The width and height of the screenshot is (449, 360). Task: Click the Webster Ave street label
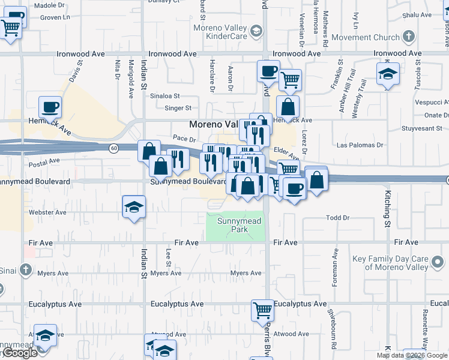click(x=47, y=212)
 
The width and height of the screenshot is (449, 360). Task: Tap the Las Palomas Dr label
click(x=360, y=145)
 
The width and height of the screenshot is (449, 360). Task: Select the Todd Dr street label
click(x=337, y=218)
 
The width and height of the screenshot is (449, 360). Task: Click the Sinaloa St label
click(x=165, y=95)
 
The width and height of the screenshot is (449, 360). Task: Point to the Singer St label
click(x=179, y=109)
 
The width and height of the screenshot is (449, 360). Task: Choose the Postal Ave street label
click(x=44, y=161)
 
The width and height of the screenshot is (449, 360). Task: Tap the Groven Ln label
click(x=55, y=18)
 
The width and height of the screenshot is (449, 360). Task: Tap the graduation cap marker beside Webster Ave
click(x=134, y=207)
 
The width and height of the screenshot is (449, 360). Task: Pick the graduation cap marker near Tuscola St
click(x=388, y=75)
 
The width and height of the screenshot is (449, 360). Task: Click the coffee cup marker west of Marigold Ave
click(x=50, y=107)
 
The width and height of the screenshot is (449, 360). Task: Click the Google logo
click(x=19, y=353)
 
